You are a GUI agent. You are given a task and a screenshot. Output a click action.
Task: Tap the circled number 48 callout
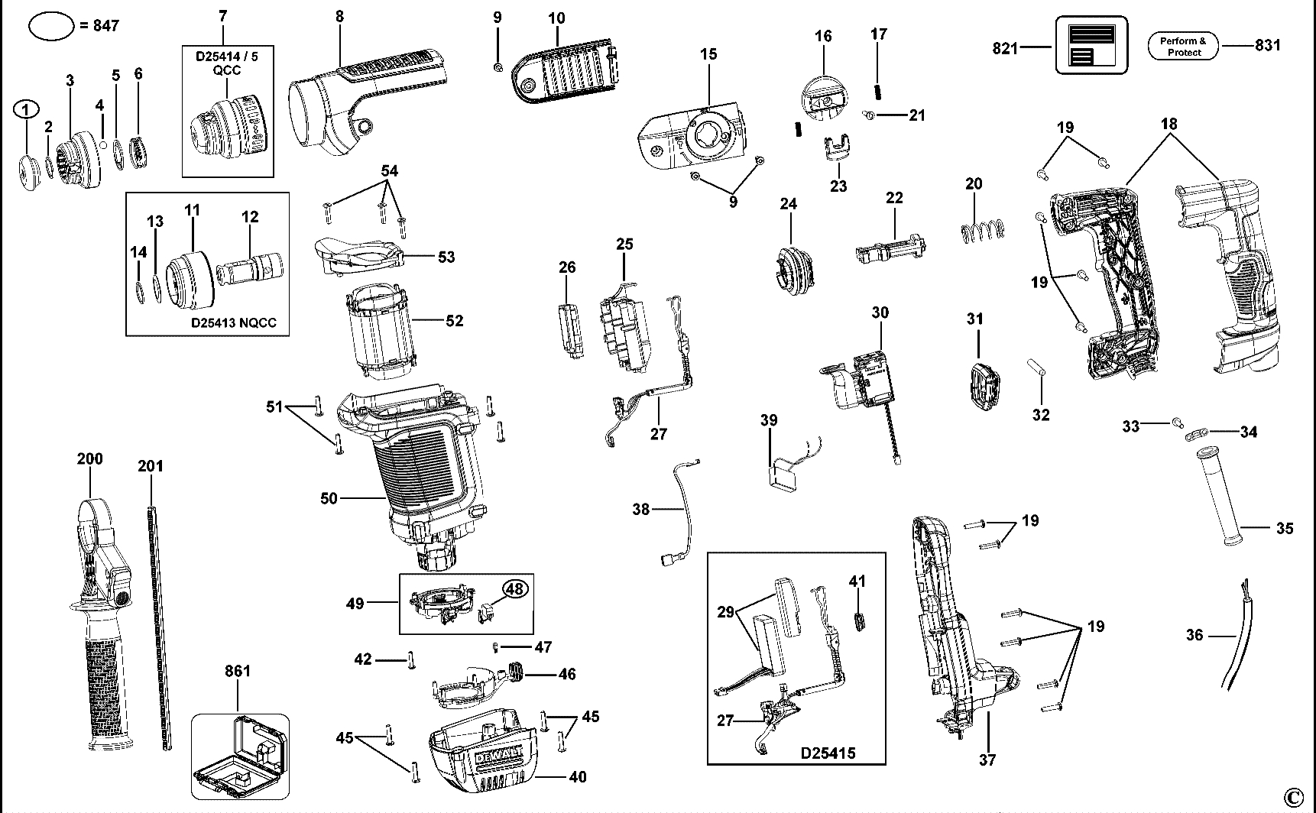tap(516, 589)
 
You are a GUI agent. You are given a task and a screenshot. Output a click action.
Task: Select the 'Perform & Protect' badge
tap(1184, 47)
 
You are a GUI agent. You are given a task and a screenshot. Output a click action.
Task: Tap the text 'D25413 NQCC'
tap(234, 323)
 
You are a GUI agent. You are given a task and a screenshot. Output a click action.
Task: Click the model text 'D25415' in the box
tap(828, 753)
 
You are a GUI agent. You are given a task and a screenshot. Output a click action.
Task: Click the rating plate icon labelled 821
tap(1091, 46)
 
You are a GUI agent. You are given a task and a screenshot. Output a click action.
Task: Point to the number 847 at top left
tap(105, 26)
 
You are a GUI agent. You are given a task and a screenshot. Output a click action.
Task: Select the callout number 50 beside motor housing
tap(329, 498)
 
